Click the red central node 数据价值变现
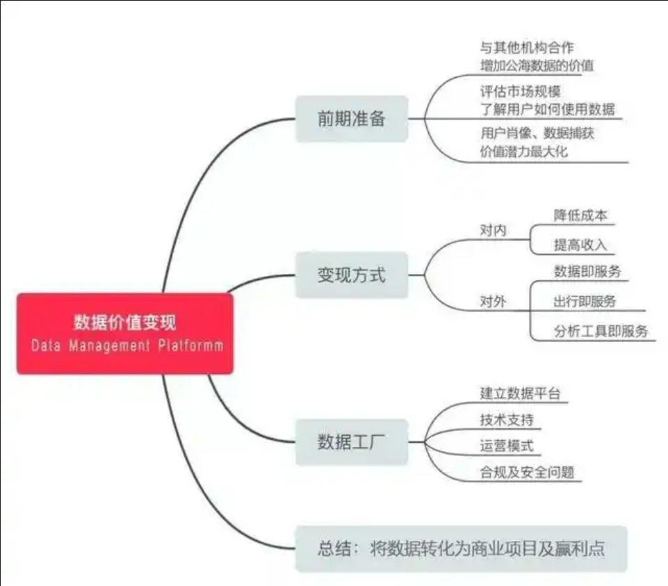(125, 334)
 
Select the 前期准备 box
(352, 119)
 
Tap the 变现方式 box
(352, 275)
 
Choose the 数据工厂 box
(352, 442)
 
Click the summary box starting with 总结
(462, 548)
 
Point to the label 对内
(494, 231)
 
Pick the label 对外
(494, 302)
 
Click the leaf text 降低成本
(580, 215)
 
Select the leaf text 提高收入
(580, 245)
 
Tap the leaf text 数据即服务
(587, 272)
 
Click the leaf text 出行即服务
(585, 302)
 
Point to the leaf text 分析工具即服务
(601, 331)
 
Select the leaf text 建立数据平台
(520, 393)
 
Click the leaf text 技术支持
(507, 420)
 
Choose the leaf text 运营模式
(507, 446)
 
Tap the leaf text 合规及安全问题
(528, 472)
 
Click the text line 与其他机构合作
(527, 47)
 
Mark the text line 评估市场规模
(521, 91)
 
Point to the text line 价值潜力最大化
(524, 152)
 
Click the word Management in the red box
(110, 345)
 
